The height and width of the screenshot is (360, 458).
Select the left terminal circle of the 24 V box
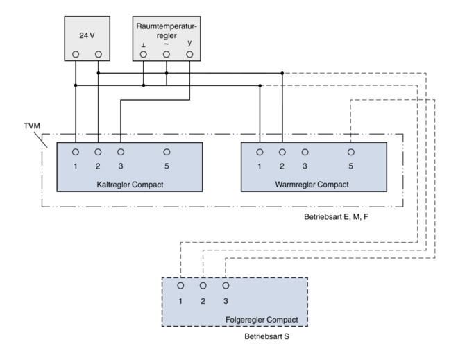(x=76, y=54)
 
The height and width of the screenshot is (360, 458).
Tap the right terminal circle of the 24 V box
(x=98, y=54)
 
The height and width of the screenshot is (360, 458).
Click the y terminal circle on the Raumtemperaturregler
(x=189, y=54)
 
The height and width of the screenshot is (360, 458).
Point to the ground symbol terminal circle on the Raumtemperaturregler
(x=144, y=54)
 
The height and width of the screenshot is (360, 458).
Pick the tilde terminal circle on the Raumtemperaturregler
(x=167, y=54)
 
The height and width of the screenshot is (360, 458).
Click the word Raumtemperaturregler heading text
(x=166, y=31)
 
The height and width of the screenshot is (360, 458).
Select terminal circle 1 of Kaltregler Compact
(x=76, y=152)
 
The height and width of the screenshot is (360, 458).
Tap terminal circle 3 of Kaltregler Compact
(x=121, y=152)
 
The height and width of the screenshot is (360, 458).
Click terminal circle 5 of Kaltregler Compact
(x=167, y=152)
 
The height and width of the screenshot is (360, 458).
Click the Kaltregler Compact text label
(x=129, y=185)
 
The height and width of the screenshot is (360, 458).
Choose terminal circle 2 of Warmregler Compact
(x=282, y=152)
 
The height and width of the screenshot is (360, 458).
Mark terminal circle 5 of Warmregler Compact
(x=350, y=152)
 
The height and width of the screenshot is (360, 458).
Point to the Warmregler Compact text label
(x=312, y=185)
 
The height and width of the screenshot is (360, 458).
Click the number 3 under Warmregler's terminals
(x=305, y=166)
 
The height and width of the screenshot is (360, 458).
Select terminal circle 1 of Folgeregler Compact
(x=180, y=285)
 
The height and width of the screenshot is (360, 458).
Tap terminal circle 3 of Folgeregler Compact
(x=226, y=285)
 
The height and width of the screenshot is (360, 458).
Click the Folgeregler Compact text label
(x=262, y=320)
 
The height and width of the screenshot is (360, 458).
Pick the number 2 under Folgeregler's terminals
(x=203, y=300)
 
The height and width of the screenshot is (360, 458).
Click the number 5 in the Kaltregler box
(x=167, y=166)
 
